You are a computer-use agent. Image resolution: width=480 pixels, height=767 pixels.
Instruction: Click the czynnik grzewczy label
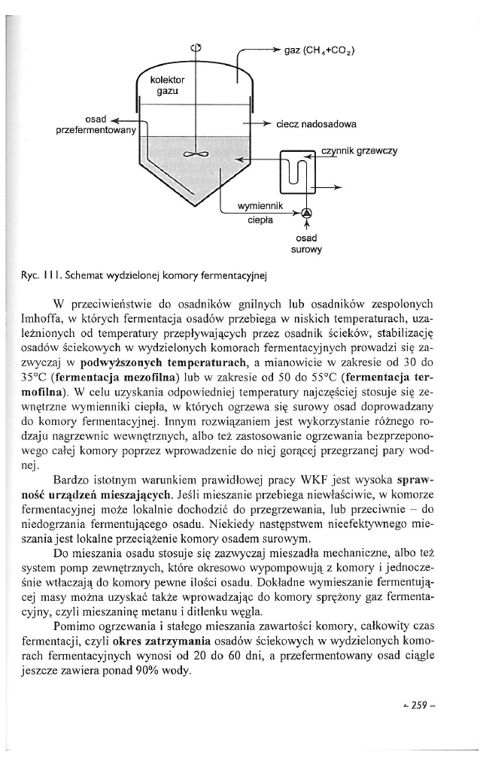[x=359, y=150]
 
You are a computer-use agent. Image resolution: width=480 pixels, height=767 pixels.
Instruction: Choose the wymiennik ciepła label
[x=259, y=213]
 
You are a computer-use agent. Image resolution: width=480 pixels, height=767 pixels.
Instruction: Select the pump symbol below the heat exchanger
[x=305, y=213]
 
